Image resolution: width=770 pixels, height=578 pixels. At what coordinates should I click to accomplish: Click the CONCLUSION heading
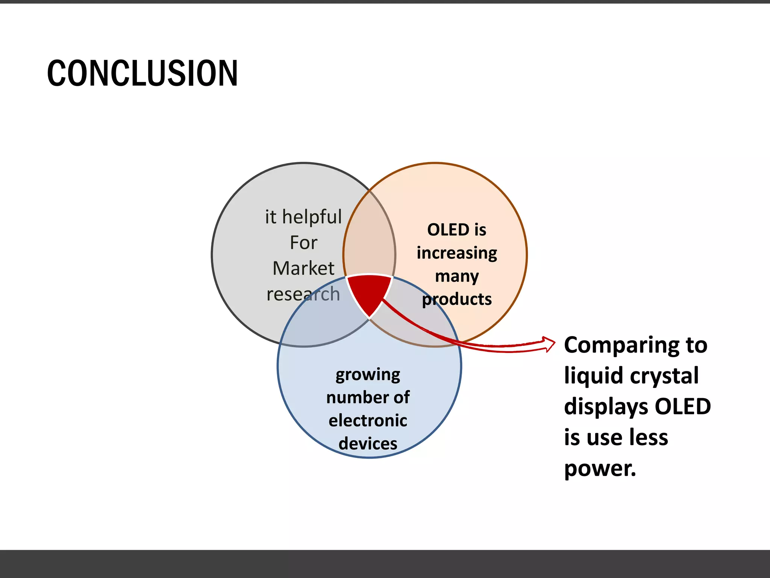pyautogui.click(x=142, y=73)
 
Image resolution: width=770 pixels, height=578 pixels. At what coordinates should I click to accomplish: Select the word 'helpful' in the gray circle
pyautogui.click(x=312, y=217)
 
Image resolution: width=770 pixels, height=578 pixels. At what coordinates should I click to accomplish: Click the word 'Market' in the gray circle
pyautogui.click(x=303, y=268)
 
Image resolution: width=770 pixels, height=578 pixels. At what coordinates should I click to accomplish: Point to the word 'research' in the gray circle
pyautogui.click(x=303, y=294)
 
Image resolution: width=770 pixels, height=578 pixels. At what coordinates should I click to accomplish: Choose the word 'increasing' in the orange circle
pyautogui.click(x=457, y=253)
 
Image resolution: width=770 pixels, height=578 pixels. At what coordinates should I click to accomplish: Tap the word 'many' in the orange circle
pyautogui.click(x=457, y=277)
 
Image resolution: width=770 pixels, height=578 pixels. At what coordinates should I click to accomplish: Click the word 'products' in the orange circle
pyautogui.click(x=457, y=300)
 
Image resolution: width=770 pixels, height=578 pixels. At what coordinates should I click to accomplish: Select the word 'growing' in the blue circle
pyautogui.click(x=368, y=375)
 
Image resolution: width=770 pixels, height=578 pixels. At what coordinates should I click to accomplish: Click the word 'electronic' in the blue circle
pyautogui.click(x=368, y=420)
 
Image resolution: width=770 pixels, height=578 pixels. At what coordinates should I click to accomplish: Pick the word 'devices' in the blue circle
pyautogui.click(x=368, y=444)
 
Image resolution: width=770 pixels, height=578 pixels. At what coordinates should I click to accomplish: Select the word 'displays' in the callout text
pyautogui.click(x=606, y=406)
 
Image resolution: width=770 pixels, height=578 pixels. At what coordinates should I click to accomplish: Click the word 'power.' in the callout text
pyautogui.click(x=600, y=469)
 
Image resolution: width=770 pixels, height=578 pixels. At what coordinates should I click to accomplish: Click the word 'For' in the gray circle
pyautogui.click(x=303, y=243)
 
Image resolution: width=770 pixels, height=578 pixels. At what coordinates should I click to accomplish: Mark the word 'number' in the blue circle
pyautogui.click(x=357, y=397)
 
